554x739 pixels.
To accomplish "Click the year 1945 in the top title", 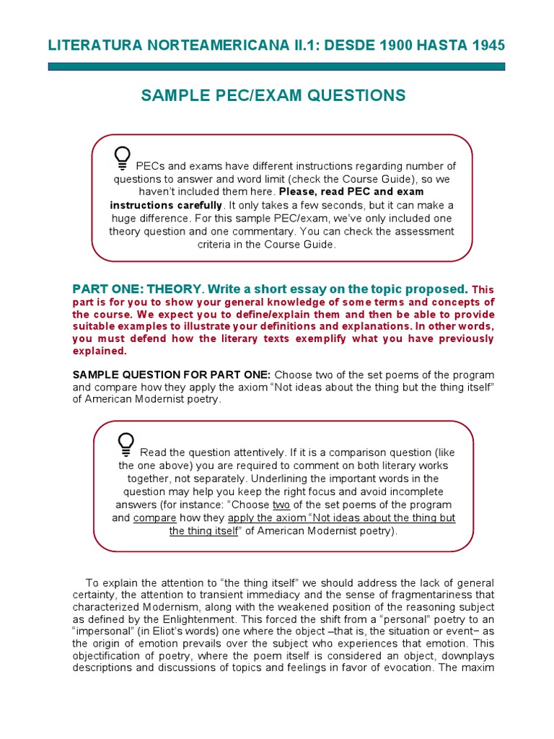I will (488, 45).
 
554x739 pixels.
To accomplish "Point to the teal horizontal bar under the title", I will (276, 66).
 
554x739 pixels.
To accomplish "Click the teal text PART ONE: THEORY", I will (136, 289).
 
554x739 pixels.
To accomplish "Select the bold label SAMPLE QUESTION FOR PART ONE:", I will (172, 375).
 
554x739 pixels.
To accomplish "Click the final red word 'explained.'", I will (100, 351).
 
